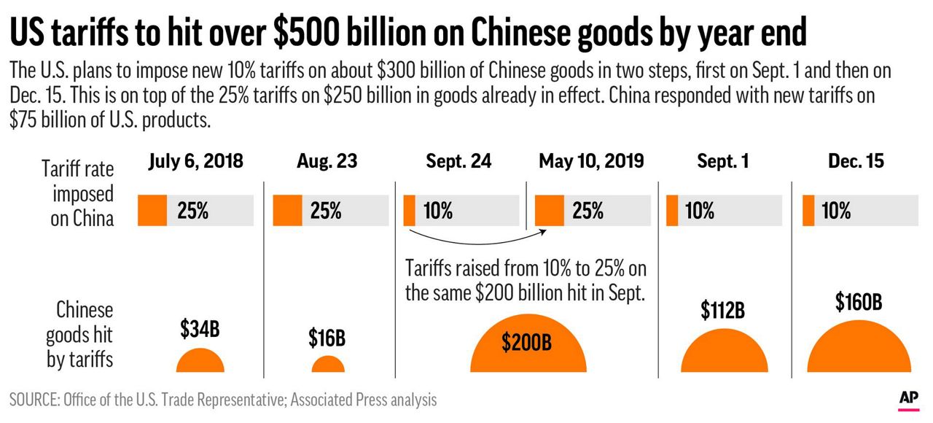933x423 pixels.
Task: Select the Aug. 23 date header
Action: pyautogui.click(x=327, y=160)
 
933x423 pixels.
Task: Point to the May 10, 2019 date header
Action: pyautogui.click(x=591, y=160)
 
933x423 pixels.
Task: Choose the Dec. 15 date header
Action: pyautogui.click(x=856, y=160)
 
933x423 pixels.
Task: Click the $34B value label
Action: pyautogui.click(x=200, y=329)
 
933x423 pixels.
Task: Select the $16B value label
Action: pyautogui.click(x=327, y=338)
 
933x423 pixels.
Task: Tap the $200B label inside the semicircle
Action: pyautogui.click(x=527, y=343)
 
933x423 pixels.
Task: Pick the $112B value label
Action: pyautogui.click(x=722, y=310)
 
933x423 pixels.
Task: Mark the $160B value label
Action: pyautogui.click(x=859, y=300)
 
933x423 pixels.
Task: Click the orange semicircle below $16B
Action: pyautogui.click(x=328, y=365)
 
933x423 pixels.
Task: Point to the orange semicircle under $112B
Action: pyautogui.click(x=724, y=354)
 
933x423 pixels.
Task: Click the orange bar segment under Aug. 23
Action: pyautogui.click(x=287, y=211)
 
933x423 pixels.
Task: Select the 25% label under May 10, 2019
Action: pyautogui.click(x=587, y=211)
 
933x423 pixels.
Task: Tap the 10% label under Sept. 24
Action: pyautogui.click(x=437, y=211)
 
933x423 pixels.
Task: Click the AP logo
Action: pyautogui.click(x=907, y=398)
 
